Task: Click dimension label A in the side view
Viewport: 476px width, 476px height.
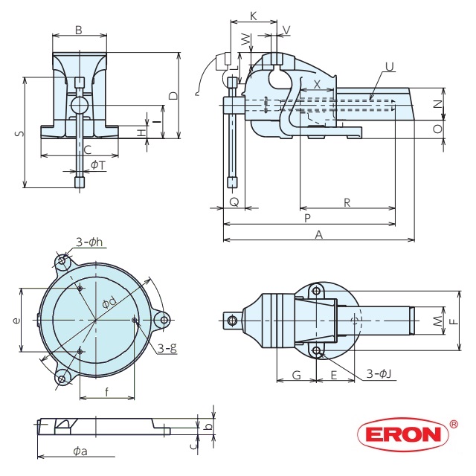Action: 319,234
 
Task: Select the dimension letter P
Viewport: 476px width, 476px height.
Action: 307,218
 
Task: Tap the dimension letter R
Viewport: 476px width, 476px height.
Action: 347,202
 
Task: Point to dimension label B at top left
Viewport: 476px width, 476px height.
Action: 78,30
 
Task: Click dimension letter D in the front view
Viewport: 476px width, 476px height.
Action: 173,95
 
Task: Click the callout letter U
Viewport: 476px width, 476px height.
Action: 388,67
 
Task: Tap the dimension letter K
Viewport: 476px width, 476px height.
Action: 254,16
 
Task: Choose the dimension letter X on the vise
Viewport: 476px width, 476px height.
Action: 318,85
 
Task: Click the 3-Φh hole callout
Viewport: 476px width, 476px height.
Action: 89,242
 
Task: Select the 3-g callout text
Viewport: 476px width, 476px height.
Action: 167,347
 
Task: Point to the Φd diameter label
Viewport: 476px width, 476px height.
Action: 109,302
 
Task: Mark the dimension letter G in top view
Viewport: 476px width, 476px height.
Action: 295,376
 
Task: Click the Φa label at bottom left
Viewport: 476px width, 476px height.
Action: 80,451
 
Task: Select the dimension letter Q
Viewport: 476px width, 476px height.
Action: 234,202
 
